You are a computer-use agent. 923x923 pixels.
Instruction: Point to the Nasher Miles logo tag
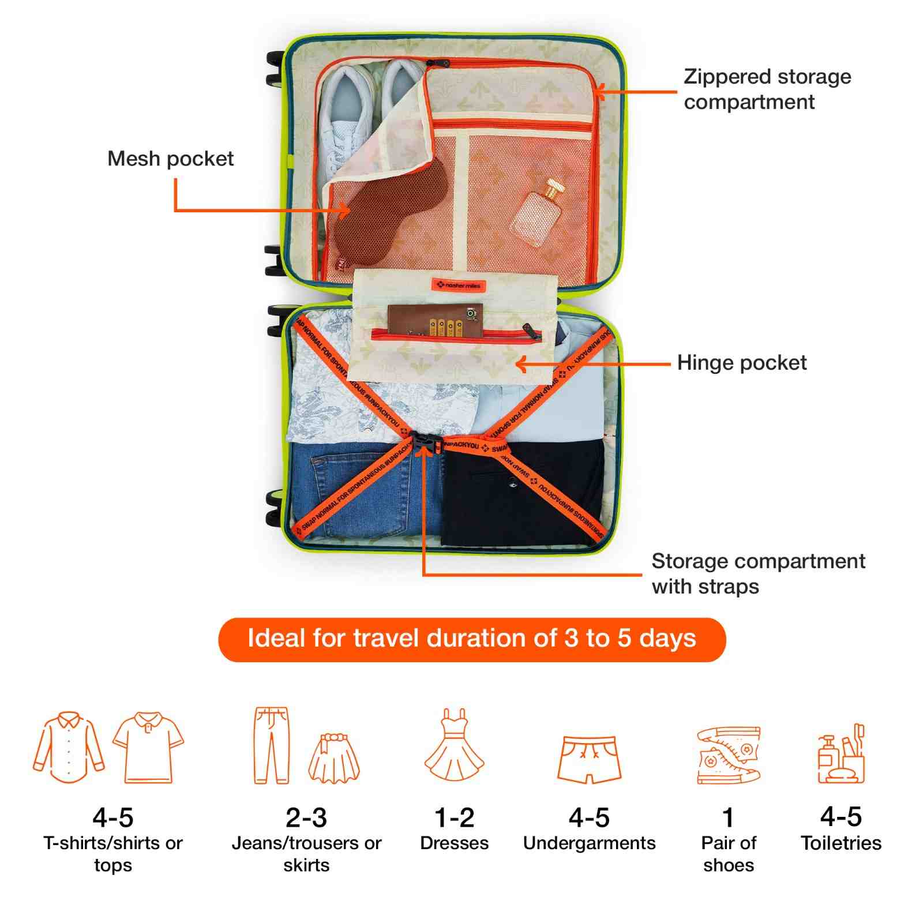click(459, 285)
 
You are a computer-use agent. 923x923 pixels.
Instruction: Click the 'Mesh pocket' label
click(170, 159)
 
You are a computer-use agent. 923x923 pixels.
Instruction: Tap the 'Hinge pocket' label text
click(741, 363)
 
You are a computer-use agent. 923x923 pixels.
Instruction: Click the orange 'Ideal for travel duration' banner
click(471, 639)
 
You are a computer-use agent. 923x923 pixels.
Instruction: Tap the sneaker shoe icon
click(728, 755)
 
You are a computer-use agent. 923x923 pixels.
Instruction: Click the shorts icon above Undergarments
click(589, 758)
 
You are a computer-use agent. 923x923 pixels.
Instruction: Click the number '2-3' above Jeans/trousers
click(306, 817)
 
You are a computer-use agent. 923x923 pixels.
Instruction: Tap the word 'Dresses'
click(454, 843)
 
